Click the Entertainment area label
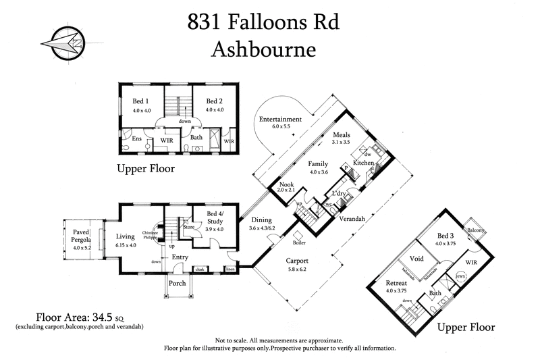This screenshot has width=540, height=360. click(280, 120)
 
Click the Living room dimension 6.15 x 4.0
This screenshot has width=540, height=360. click(126, 245)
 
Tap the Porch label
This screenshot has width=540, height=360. click(178, 283)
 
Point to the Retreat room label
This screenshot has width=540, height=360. click(396, 282)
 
